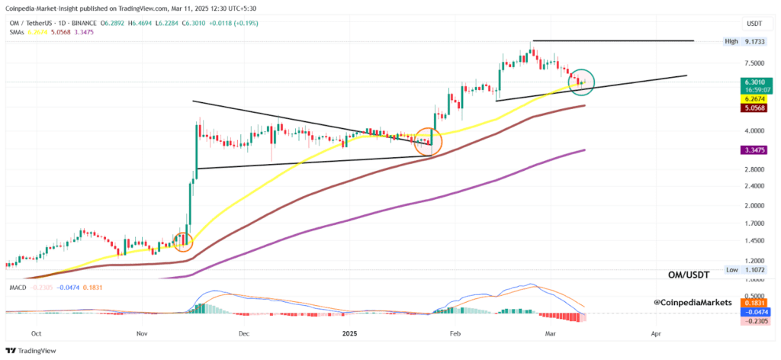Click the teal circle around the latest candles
pyautogui.click(x=581, y=79)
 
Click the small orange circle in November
pyautogui.click(x=183, y=241)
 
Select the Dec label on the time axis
pyautogui.click(x=244, y=333)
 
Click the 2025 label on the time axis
pyautogui.click(x=350, y=333)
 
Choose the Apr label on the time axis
pyautogui.click(x=655, y=333)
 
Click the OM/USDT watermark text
pyautogui.click(x=690, y=275)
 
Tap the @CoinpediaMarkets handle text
pyautogui.click(x=693, y=303)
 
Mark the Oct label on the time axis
pyautogui.click(x=37, y=333)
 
